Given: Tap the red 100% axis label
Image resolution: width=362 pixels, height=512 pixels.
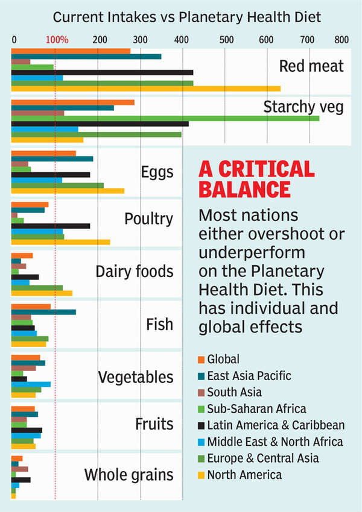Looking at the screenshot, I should (57, 40).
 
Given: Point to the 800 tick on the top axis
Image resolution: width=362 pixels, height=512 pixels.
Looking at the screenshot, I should (341, 40).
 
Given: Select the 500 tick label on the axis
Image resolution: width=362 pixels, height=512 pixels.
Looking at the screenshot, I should (227, 40).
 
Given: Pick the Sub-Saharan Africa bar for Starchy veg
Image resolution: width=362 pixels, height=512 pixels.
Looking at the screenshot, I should (165, 118).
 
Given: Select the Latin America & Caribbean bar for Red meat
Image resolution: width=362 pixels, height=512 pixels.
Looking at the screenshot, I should (103, 72).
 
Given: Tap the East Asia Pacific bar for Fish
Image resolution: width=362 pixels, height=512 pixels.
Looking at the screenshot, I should (43, 312).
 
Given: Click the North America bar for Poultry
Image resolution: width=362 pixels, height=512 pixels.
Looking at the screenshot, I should (61, 243).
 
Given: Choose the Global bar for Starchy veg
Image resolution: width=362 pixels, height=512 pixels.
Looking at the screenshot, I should (73, 102).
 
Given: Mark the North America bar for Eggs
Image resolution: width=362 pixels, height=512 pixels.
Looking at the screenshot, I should (68, 191).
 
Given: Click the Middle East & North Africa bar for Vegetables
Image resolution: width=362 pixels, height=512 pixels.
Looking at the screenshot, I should (31, 384).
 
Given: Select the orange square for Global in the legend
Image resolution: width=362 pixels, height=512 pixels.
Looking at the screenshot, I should (202, 360).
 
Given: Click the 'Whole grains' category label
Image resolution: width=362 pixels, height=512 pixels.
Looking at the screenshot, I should (129, 475).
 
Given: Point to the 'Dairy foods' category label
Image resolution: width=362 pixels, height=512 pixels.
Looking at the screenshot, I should (135, 271).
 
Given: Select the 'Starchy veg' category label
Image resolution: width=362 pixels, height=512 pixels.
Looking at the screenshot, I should (303, 107).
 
